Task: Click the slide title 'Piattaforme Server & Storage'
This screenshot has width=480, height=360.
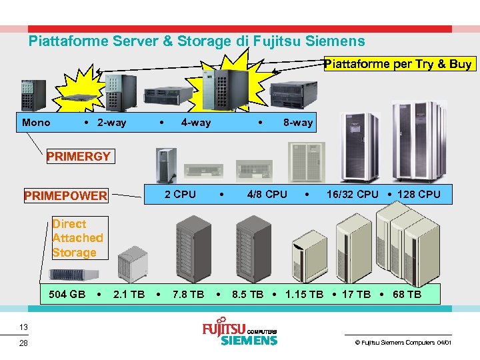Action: pyautogui.click(x=197, y=41)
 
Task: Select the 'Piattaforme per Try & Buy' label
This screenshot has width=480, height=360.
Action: pyautogui.click(x=398, y=64)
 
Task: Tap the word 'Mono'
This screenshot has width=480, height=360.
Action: pyautogui.click(x=36, y=122)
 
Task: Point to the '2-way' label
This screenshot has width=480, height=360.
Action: pyautogui.click(x=111, y=122)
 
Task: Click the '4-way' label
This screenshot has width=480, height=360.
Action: pyautogui.click(x=195, y=122)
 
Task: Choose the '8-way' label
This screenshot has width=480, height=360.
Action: pyautogui.click(x=297, y=122)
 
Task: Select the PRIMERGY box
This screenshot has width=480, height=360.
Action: pyautogui.click(x=78, y=157)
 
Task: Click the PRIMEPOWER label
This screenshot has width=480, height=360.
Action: pyautogui.click(x=65, y=195)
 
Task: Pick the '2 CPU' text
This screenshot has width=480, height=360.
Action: pyautogui.click(x=180, y=194)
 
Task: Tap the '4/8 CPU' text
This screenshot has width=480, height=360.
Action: pyautogui.click(x=267, y=194)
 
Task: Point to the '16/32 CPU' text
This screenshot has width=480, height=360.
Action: pyautogui.click(x=352, y=194)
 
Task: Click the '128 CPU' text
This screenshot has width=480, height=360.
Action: pyautogui.click(x=419, y=194)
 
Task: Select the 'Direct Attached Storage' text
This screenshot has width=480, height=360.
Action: pyautogui.click(x=77, y=238)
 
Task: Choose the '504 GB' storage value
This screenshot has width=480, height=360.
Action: pyautogui.click(x=67, y=294)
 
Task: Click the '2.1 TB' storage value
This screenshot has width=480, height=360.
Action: pyautogui.click(x=129, y=294)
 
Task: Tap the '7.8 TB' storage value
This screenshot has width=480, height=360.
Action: pyautogui.click(x=188, y=294)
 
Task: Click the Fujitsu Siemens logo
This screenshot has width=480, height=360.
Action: pyautogui.click(x=239, y=334)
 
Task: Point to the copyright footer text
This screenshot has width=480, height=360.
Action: pyautogui.click(x=403, y=342)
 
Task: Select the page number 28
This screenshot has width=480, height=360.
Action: pyautogui.click(x=23, y=343)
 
